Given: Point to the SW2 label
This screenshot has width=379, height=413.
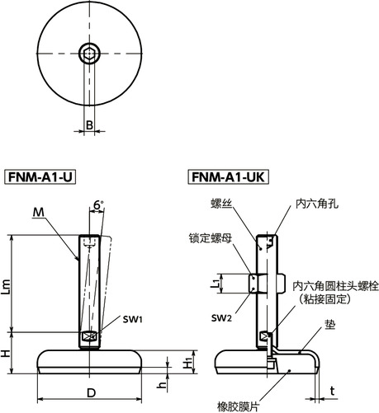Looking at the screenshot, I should [220, 318].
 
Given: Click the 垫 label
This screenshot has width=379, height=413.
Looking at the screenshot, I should [329, 326].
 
